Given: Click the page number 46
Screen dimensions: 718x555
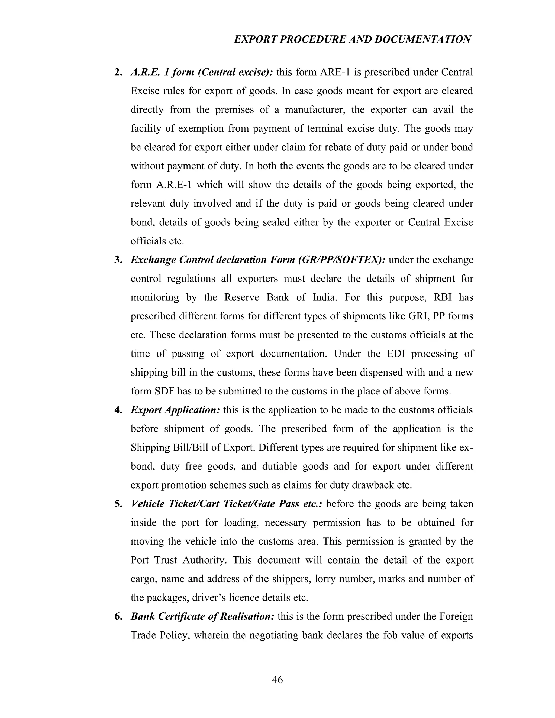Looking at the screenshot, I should point(277,680).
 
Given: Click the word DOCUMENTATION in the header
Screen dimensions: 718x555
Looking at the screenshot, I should point(422,40).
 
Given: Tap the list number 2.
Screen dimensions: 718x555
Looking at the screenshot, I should point(118,72).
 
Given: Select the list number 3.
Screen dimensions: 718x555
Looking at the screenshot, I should point(118,260).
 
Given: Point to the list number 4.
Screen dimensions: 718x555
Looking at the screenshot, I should point(118,410).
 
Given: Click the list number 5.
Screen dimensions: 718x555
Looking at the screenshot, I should point(118,504).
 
